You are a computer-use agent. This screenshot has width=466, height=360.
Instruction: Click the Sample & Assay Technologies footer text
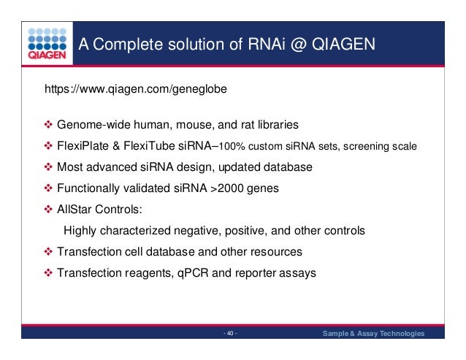click(373, 334)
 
